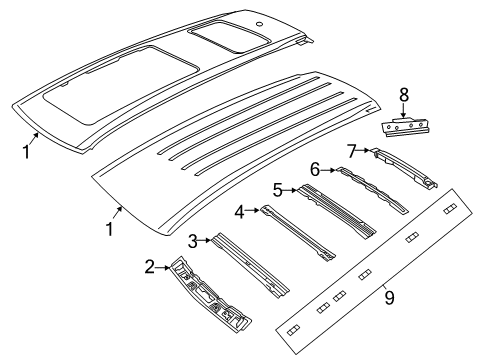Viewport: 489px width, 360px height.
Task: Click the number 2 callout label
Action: pos(148,267)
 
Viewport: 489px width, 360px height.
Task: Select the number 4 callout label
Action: pos(240,211)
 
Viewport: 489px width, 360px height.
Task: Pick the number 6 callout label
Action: pos(314,171)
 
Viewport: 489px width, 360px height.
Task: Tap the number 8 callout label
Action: pos(404,97)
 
